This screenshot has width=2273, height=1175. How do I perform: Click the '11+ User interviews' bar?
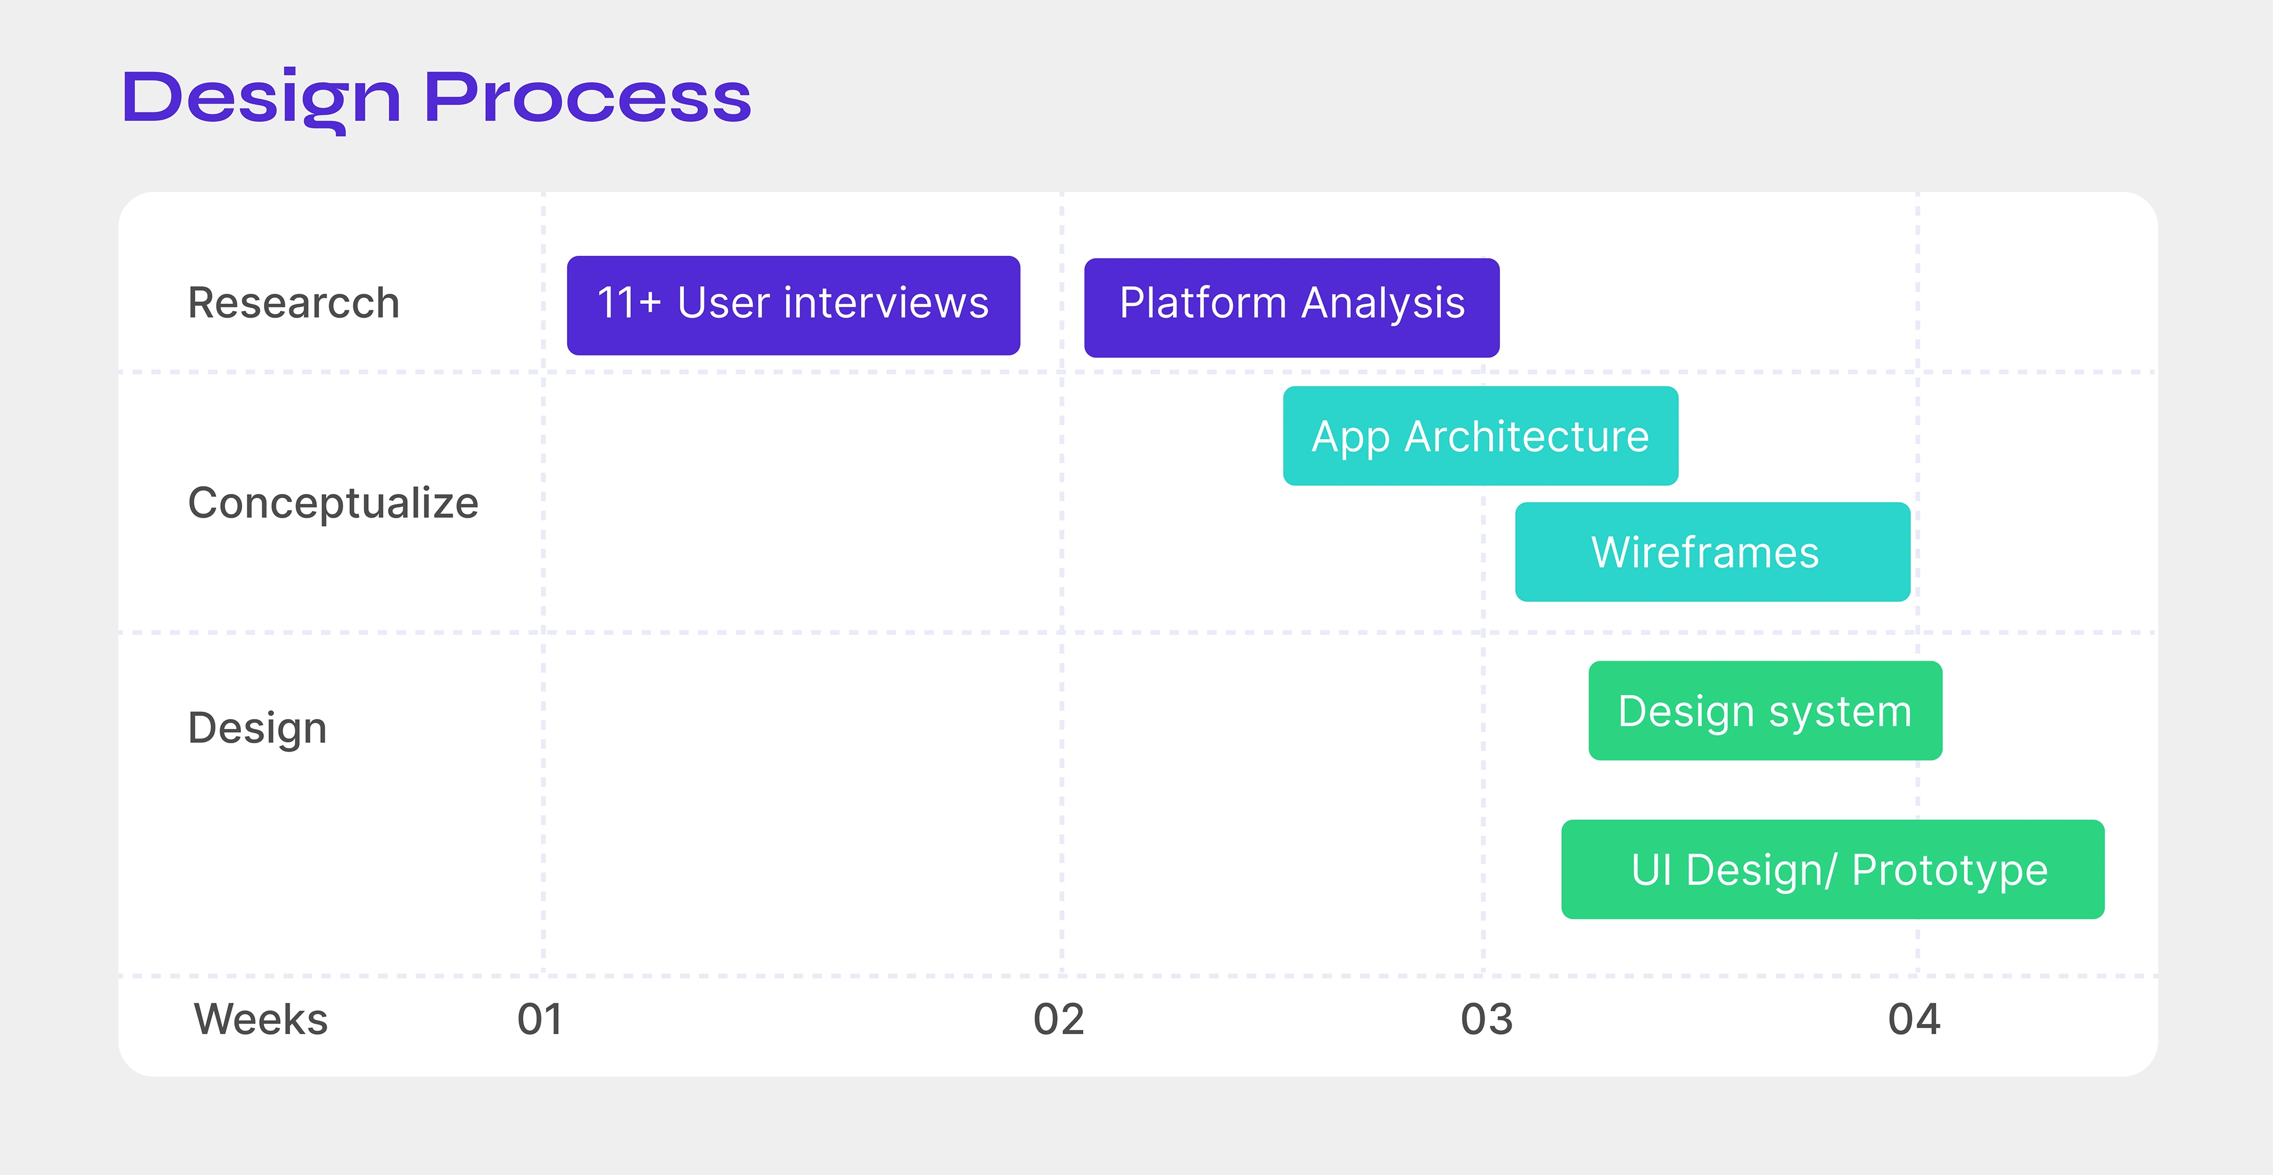(x=793, y=306)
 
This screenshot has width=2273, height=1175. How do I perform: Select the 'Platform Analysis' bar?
(x=1292, y=307)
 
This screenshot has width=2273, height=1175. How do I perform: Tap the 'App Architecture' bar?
(x=1480, y=436)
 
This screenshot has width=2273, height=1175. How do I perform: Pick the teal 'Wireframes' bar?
(x=1712, y=552)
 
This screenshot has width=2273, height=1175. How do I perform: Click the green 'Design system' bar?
(x=1766, y=711)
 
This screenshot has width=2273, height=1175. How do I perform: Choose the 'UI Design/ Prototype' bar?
(x=1833, y=869)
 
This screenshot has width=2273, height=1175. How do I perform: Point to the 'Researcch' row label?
(x=294, y=303)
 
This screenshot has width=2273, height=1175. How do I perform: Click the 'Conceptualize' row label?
(x=333, y=504)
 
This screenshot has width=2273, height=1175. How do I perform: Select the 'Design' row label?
(x=257, y=729)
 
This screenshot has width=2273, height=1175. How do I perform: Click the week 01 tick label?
(x=540, y=1020)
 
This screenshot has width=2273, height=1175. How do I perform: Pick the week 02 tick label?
(x=1059, y=1020)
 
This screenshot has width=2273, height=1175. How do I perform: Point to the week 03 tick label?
(x=1487, y=1020)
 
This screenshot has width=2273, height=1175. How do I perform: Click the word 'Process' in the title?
(x=588, y=97)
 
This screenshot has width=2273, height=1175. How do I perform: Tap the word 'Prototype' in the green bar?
(x=1950, y=871)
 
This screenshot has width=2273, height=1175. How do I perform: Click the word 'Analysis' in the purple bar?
(x=1383, y=304)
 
